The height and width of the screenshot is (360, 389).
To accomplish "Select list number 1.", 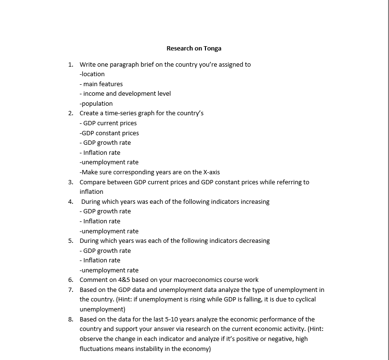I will [x=70, y=64].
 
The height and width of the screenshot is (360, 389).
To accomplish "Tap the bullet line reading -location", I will [x=92, y=74].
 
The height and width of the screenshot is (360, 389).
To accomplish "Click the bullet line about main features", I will [x=101, y=84].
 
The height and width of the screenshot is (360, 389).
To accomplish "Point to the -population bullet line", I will [x=96, y=103].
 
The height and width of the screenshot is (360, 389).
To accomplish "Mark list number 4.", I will [x=70, y=201].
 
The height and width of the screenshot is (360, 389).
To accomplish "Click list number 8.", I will [x=70, y=319].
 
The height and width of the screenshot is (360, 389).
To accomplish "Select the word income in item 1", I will [x=93, y=93].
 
